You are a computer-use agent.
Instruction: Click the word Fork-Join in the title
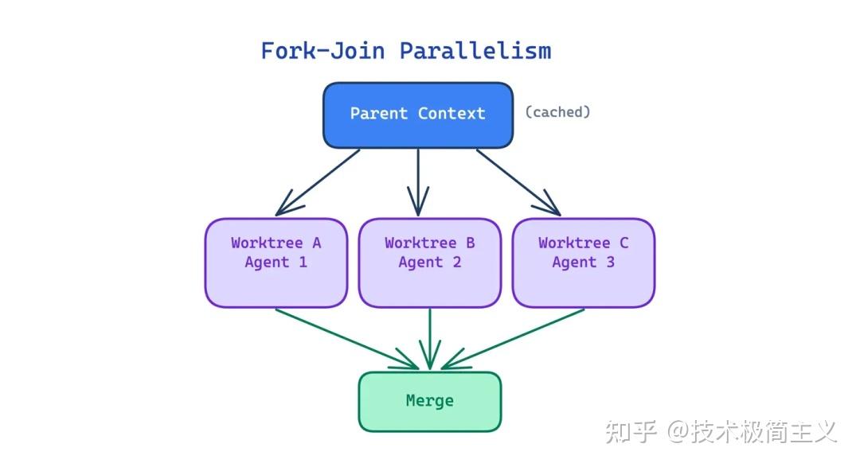coord(322,51)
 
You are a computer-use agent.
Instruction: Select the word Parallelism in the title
coord(475,51)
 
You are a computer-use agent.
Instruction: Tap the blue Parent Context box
coord(418,115)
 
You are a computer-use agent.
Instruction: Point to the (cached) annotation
coord(557,112)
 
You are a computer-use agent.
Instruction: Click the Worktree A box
coord(276,263)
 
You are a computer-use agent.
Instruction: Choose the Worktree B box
coord(429,263)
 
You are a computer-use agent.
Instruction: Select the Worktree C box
coord(583,263)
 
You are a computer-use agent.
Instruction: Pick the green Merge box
coord(429,402)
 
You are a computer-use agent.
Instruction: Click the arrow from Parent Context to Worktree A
coord(318,182)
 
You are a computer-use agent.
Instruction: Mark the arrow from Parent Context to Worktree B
coord(418,182)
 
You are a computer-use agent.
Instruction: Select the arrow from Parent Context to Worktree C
coord(518,182)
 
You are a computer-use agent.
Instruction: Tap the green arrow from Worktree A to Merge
coord(347,339)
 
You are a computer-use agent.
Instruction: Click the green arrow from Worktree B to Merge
coord(429,339)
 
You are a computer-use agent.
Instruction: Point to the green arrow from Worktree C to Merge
coord(513,339)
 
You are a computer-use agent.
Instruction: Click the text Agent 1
coord(276,263)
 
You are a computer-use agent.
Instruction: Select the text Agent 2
coord(429,263)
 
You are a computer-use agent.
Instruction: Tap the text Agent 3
coord(583,263)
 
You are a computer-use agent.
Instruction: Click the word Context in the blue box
coord(451,114)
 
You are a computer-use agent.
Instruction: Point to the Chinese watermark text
coord(721,431)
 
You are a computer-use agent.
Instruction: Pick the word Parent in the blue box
coord(379,114)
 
